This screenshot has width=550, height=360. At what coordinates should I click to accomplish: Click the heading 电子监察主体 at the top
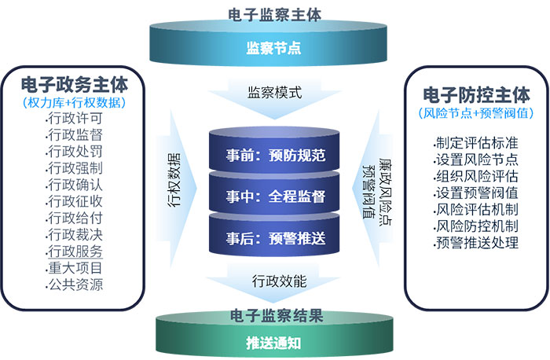pos(274,13)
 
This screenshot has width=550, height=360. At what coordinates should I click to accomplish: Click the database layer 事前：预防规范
pos(275,154)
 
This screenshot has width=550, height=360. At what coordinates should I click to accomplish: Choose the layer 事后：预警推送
pos(275,236)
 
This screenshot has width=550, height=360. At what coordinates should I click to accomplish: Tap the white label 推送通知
pos(275,343)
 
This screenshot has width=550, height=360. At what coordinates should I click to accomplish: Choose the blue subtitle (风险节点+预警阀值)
pos(475,113)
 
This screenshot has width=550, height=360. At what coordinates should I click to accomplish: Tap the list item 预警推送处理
pos(476,242)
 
